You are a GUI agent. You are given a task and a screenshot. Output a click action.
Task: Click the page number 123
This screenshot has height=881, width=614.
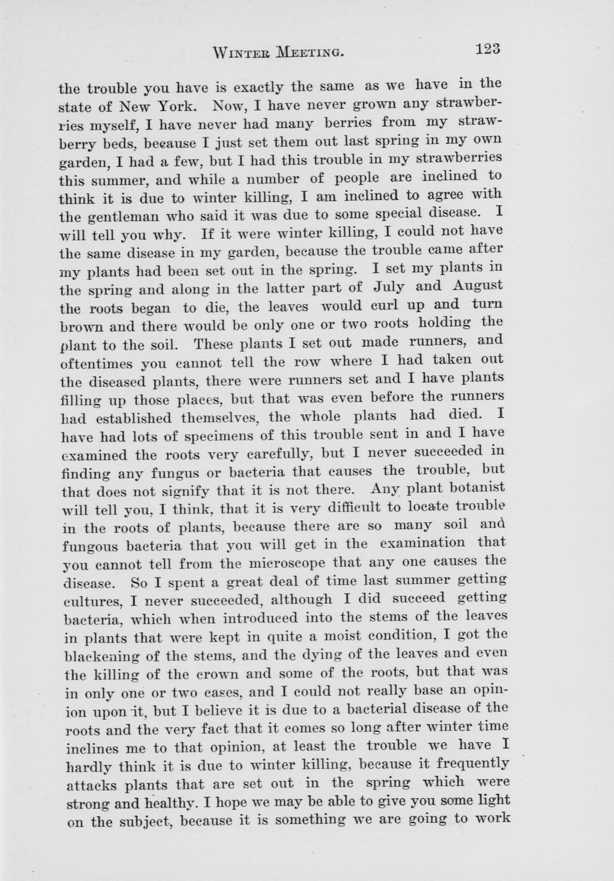point(487,50)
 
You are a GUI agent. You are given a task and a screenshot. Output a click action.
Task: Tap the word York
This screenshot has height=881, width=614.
point(180,106)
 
